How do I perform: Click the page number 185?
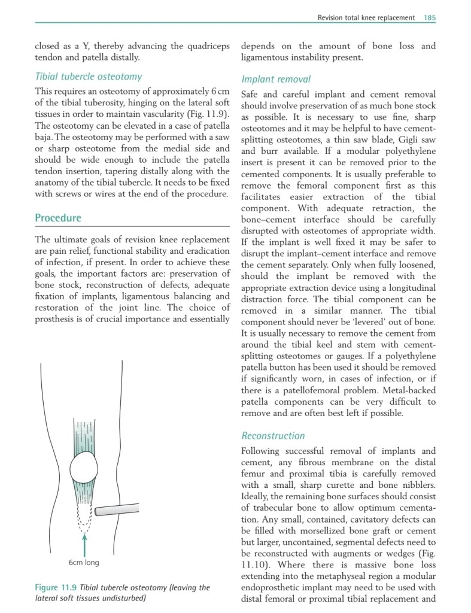[x=429, y=17]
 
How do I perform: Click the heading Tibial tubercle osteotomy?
[x=88, y=77]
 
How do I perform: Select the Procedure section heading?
[x=58, y=218]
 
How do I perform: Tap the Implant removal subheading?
[x=276, y=79]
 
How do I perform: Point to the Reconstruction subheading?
[x=273, y=436]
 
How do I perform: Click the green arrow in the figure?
[x=85, y=544]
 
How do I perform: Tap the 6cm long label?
[x=84, y=563]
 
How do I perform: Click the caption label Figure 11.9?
[x=56, y=588]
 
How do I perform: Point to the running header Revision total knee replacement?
[x=366, y=17]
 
